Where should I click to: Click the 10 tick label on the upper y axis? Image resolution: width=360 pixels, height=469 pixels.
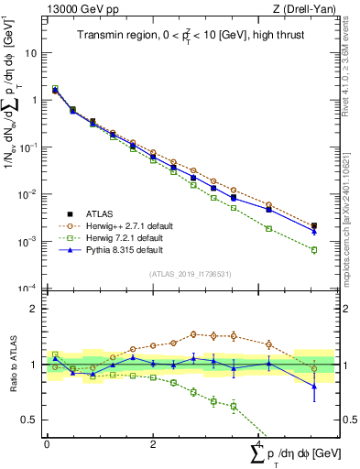31,53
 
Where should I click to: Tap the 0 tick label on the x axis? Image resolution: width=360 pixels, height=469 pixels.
46,443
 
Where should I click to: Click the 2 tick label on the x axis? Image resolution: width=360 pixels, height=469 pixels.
152,443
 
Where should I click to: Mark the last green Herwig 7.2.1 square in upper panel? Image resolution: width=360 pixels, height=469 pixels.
314,250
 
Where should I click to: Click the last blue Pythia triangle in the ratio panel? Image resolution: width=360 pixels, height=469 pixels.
314,386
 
